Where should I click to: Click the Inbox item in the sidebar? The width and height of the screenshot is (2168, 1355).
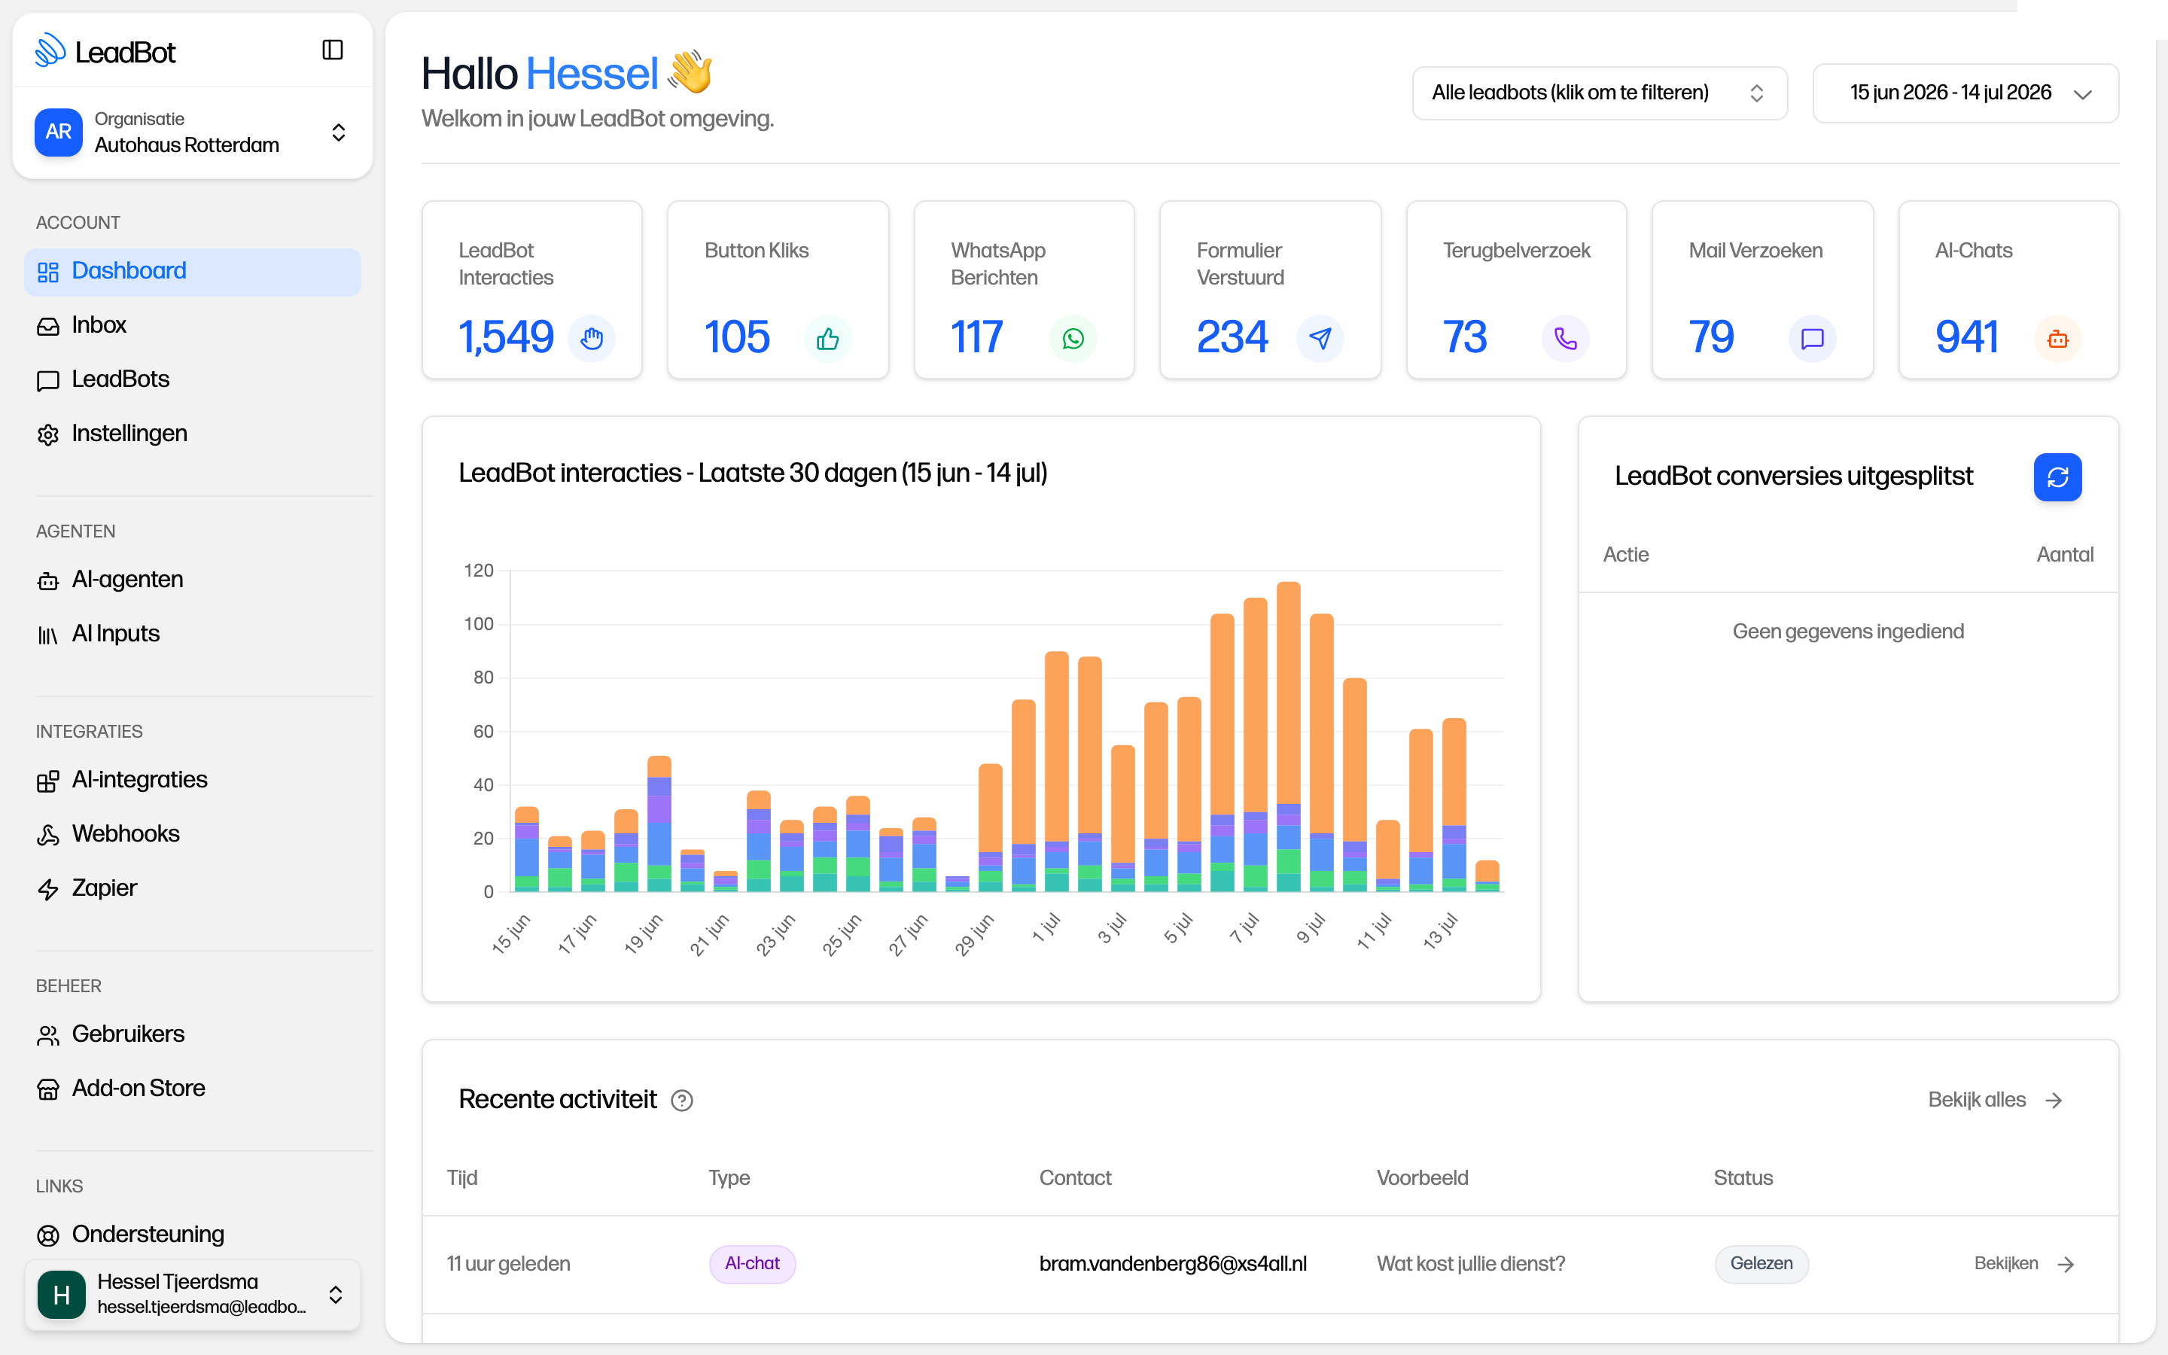99,325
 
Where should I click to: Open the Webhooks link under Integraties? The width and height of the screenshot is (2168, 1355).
126,834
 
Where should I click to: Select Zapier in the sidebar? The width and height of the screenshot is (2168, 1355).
104,888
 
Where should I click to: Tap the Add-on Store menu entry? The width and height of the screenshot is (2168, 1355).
138,1088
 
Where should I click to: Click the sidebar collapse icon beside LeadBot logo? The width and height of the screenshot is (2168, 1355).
333,50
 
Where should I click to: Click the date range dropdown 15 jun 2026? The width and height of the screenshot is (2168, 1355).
1966,93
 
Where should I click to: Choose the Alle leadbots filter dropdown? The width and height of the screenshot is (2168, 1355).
1600,93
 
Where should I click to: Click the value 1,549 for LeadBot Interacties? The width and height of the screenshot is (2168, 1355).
506,338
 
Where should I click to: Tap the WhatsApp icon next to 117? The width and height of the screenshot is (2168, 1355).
1073,339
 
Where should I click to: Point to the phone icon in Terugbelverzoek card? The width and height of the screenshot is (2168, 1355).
1565,339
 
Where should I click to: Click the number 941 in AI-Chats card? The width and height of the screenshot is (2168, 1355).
1967,338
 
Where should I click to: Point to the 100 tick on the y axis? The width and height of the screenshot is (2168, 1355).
479,624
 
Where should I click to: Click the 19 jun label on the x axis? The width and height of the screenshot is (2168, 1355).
643,933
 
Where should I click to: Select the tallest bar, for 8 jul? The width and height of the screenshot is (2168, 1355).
1288,737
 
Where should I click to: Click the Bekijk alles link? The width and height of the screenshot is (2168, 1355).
1995,1101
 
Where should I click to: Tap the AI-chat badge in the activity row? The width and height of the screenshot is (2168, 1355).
753,1264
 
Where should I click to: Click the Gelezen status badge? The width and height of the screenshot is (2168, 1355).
1761,1264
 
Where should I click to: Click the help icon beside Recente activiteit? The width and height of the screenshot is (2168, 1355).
682,1101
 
